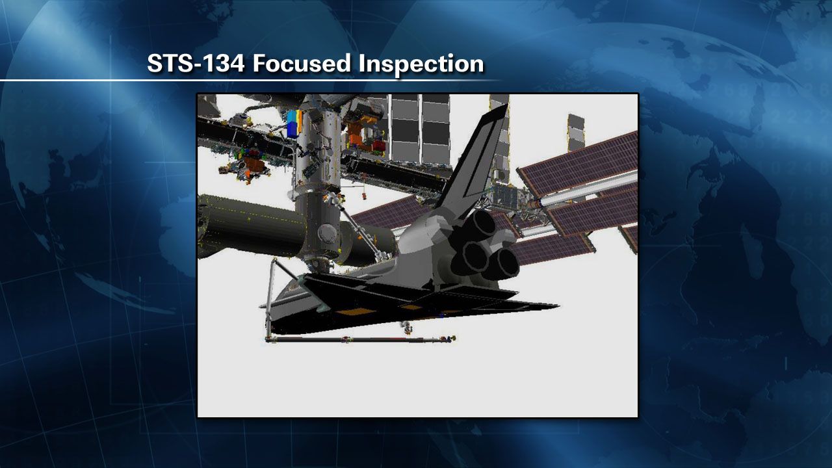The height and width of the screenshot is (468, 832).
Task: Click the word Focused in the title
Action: coord(302,63)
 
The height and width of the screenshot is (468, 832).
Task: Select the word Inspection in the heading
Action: coord(421,64)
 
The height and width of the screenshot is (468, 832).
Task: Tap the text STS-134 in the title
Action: coord(196,63)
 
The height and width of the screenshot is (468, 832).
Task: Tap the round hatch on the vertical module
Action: coord(327,233)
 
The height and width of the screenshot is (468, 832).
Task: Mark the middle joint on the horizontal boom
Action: coord(346,339)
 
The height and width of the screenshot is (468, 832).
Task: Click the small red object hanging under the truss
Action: coord(365,196)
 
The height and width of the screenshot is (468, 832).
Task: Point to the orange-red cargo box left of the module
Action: coord(253,164)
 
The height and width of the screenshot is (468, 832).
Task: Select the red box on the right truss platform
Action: coord(378,146)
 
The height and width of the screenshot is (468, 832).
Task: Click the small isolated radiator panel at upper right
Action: coord(576,132)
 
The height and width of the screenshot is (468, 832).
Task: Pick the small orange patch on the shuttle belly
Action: coord(410,307)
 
